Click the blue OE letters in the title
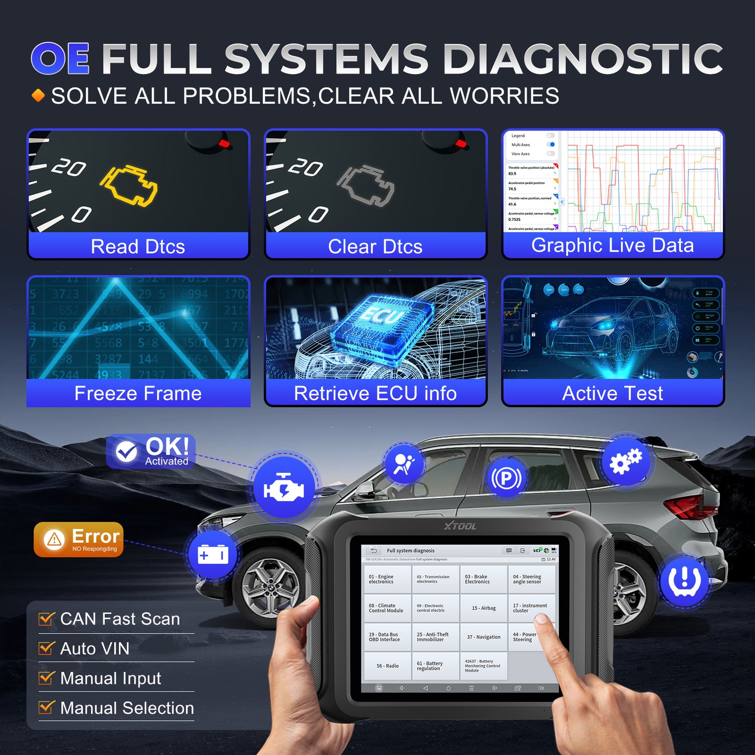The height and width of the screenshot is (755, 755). (60, 58)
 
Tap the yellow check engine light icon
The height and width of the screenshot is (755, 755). (129, 185)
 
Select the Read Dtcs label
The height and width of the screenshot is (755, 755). (138, 247)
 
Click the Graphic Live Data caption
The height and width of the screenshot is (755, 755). (613, 245)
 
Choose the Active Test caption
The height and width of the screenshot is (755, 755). (613, 393)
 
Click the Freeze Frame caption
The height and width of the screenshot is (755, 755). (138, 393)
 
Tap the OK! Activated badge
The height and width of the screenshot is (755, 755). (151, 451)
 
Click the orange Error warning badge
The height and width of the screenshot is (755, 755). (79, 540)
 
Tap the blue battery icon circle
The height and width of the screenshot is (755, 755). (213, 555)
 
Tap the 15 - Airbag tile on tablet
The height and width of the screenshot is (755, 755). (484, 608)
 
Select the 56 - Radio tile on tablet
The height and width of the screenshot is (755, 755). (388, 666)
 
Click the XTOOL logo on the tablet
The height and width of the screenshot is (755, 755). (460, 526)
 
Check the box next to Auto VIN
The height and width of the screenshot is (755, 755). (46, 648)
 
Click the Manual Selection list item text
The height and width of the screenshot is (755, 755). (127, 708)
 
